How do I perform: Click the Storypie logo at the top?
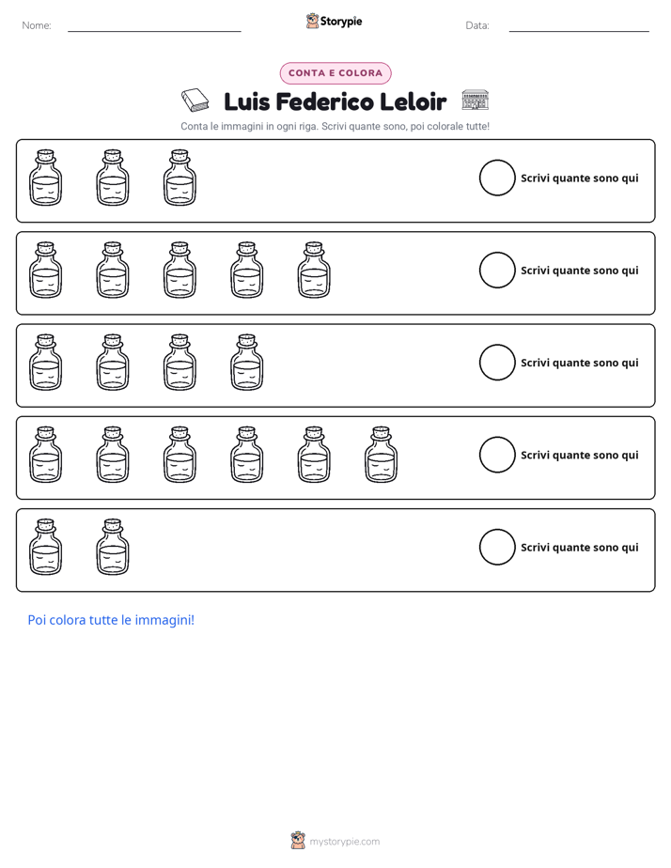pyautogui.click(x=334, y=21)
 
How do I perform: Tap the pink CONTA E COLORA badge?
pyautogui.click(x=335, y=73)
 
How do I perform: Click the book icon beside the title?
pyautogui.click(x=195, y=101)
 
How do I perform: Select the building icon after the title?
pyautogui.click(x=475, y=100)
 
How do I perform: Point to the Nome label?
pyautogui.click(x=37, y=25)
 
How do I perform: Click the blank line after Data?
pyautogui.click(x=579, y=32)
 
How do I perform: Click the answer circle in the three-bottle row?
pyautogui.click(x=497, y=160)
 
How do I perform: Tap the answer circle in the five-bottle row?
pyautogui.click(x=497, y=253)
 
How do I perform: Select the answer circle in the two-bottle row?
pyautogui.click(x=497, y=529)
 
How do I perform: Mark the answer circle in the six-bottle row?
pyautogui.click(x=497, y=437)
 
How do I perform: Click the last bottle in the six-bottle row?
pyautogui.click(x=382, y=455)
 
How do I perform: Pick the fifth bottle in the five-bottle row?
pyautogui.click(x=314, y=271)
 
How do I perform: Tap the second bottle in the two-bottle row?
pyautogui.click(x=113, y=547)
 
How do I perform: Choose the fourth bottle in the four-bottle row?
pyautogui.click(x=247, y=363)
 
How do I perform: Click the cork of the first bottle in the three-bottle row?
pyautogui.click(x=45, y=154)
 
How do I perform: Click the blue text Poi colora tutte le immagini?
pyautogui.click(x=111, y=620)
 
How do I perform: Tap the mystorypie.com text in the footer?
pyautogui.click(x=344, y=842)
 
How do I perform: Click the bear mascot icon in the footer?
pyautogui.click(x=298, y=841)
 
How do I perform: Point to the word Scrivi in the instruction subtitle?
pyautogui.click(x=334, y=126)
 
